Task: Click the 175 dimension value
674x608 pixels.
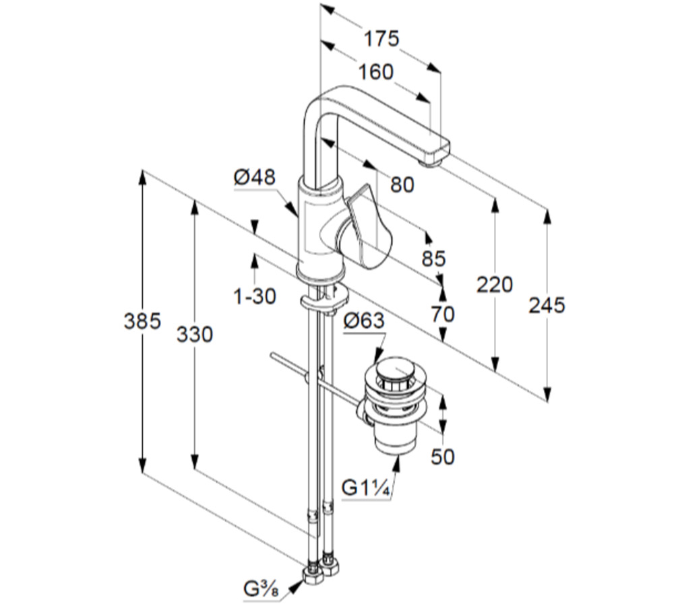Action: coord(381,38)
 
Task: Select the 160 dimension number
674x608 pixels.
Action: coord(375,71)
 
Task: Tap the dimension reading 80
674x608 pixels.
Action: coord(402,184)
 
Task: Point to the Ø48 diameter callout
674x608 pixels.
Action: coord(255,177)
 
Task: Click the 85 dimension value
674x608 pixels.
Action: coord(434,258)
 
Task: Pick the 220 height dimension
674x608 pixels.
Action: coord(494,284)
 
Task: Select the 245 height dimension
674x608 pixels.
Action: coord(547,305)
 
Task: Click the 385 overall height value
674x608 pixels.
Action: coord(143,321)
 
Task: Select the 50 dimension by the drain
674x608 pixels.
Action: coord(442,457)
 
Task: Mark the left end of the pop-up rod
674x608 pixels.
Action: coord(272,355)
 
